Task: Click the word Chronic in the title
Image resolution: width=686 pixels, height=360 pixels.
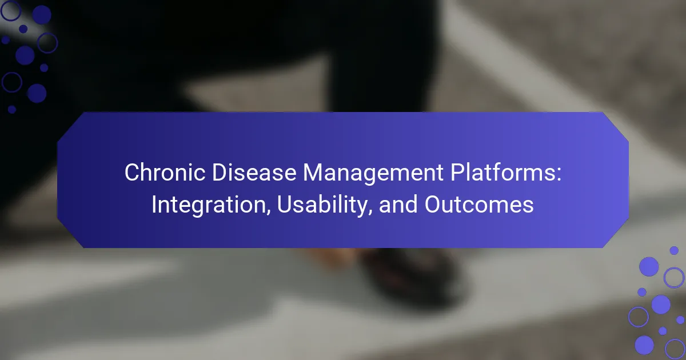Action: tap(165, 173)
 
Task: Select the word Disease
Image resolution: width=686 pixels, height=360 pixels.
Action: tap(254, 173)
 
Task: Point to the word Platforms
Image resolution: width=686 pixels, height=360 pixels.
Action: tap(503, 173)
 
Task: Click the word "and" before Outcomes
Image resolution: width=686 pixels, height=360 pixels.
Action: tap(398, 204)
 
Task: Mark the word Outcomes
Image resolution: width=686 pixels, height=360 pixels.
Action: tap(479, 204)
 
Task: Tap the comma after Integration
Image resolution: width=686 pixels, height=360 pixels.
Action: tap(269, 212)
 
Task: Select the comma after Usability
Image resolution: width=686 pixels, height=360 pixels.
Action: tap(370, 212)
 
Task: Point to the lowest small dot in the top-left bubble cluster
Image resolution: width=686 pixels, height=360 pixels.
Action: tap(12, 109)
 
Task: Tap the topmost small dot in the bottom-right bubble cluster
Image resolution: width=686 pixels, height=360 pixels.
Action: tap(674, 250)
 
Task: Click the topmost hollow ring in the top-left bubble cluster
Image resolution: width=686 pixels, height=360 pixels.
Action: tap(11, 10)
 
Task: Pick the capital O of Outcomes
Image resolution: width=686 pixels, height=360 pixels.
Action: tap(433, 204)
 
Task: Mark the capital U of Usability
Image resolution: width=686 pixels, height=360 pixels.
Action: tap(285, 204)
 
